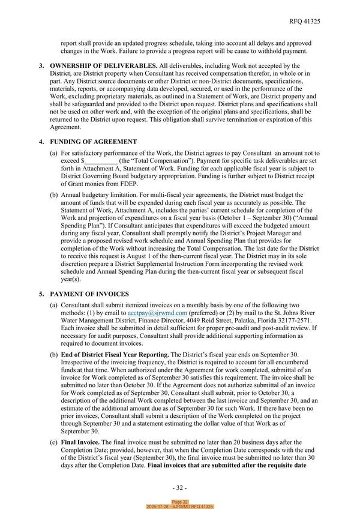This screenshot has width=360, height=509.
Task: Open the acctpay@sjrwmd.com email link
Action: [x=156, y=313]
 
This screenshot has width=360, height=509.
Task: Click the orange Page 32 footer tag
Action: [x=180, y=502]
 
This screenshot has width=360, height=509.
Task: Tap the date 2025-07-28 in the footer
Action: [x=161, y=507]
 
